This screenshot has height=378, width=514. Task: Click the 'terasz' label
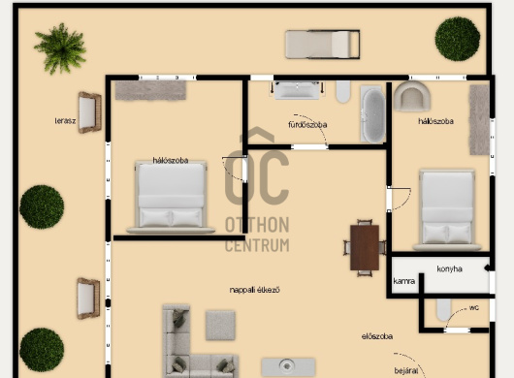point(65,121)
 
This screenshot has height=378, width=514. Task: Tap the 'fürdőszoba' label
point(307,125)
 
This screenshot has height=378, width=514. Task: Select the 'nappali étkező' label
point(255,290)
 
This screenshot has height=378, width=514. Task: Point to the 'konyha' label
point(449,268)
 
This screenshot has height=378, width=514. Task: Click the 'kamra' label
point(403,281)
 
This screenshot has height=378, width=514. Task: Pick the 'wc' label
point(474,308)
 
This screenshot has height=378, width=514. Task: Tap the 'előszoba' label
point(377,336)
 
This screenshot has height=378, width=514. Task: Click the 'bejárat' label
point(406,371)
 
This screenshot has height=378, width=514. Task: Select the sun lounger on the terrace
point(323,45)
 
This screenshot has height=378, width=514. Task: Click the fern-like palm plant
point(60,48)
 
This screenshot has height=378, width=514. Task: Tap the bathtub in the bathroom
point(373,114)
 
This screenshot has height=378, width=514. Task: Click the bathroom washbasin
point(297,90)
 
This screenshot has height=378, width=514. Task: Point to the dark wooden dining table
point(365,247)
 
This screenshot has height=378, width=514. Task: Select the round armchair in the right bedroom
point(412,96)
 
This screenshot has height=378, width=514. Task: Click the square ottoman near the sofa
point(220,326)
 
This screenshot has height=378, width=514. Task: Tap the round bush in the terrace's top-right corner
point(458,39)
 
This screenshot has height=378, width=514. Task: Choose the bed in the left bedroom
point(171,197)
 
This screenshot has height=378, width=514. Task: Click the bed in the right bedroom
point(447,210)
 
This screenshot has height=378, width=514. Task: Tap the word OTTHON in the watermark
point(257,225)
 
